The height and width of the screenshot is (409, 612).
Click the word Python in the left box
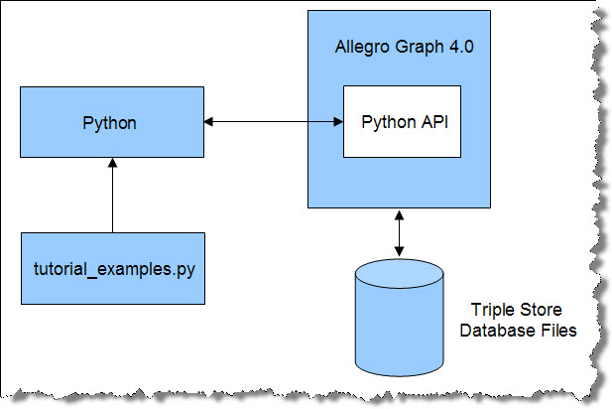[110, 123]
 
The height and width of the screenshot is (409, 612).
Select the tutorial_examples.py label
[114, 270]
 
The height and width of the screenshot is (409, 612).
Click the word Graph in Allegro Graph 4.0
[420, 48]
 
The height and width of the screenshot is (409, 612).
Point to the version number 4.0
[461, 47]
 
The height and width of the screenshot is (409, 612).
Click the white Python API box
[402, 122]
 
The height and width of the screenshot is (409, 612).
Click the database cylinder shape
[400, 318]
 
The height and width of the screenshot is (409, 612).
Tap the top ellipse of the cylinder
[400, 273]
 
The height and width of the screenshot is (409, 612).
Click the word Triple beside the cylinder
[491, 310]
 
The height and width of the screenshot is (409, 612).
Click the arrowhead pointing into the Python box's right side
[208, 122]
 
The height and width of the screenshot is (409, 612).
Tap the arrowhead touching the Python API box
[339, 122]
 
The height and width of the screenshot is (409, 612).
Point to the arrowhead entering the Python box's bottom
[112, 163]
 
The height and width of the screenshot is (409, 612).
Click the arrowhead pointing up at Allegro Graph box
[399, 215]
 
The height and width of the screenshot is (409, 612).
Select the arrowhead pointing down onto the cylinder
[399, 251]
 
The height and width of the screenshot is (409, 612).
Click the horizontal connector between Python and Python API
[274, 122]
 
